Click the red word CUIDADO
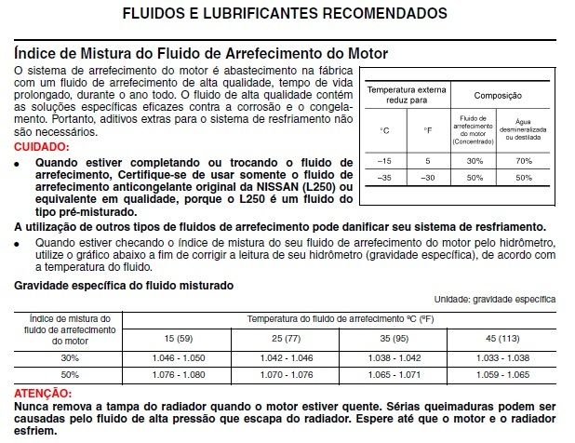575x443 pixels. click(43, 147)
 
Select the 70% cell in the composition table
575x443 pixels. click(524, 160)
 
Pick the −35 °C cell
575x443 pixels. click(384, 178)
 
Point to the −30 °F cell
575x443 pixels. click(426, 178)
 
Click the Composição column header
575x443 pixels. click(498, 96)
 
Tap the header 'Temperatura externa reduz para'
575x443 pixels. click(407, 95)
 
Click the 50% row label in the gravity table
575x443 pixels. click(70, 374)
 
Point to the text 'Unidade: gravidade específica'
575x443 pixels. click(495, 300)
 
